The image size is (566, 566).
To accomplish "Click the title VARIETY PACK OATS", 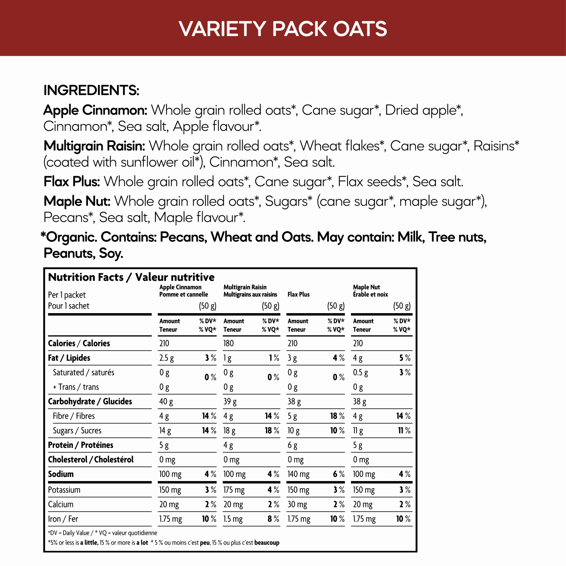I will click(283, 29).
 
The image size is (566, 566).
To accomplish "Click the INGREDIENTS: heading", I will click(91, 90).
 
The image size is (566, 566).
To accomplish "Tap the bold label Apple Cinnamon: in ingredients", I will click(95, 110).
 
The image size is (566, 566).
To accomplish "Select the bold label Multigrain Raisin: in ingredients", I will click(94, 146).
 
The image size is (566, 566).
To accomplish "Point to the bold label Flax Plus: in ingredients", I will click(72, 182).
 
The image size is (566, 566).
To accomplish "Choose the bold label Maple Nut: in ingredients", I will click(77, 201).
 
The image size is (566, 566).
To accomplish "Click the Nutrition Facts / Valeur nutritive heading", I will click(131, 277).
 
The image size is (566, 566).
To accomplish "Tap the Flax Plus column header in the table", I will click(298, 294).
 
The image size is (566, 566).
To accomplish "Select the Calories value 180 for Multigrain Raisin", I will click(229, 343).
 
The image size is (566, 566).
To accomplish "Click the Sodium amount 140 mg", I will click(298, 474).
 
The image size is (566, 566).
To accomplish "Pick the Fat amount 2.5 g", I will click(166, 358).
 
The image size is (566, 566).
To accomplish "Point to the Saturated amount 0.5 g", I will click(360, 373).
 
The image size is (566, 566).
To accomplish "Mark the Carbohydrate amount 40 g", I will click(166, 401).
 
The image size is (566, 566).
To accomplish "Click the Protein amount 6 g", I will click(292, 446).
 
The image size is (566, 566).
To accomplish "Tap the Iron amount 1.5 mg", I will click(233, 519).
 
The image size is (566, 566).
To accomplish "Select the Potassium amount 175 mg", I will click(234, 490).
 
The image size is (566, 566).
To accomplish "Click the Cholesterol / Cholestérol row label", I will click(91, 460).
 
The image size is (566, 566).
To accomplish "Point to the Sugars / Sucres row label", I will click(77, 431).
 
